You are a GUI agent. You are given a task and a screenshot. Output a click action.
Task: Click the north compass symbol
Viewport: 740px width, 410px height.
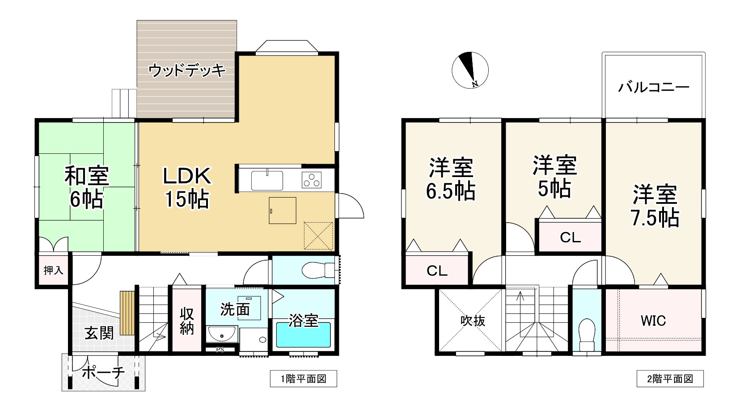(470, 70)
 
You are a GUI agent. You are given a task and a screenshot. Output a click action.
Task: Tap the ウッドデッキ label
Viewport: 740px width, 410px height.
(187, 70)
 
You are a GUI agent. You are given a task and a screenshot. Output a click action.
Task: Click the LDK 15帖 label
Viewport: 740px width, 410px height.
(187, 187)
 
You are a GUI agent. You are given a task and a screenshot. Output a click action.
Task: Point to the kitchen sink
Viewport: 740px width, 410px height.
(267, 180)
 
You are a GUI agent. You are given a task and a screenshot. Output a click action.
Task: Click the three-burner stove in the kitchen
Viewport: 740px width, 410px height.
(312, 180)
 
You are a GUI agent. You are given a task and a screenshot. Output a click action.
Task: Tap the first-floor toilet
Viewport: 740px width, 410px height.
(318, 270)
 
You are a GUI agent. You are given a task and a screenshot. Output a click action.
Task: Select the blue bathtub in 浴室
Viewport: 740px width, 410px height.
(303, 335)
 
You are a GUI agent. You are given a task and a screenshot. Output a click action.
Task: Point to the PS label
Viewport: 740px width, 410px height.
(220, 350)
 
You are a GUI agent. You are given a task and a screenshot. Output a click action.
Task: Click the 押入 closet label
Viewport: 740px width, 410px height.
(54, 270)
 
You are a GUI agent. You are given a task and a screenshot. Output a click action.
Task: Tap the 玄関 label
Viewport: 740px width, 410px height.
(99, 333)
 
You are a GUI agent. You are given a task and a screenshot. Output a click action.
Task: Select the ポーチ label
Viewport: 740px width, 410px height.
(103, 373)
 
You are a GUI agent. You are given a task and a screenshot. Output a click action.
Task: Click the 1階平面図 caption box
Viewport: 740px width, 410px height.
(304, 379)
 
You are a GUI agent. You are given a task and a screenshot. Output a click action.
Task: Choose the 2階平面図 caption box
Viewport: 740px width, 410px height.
(670, 379)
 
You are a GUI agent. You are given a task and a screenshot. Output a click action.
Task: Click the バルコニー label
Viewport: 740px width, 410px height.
(654, 87)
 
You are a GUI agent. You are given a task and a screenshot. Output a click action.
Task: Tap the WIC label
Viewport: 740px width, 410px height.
(653, 321)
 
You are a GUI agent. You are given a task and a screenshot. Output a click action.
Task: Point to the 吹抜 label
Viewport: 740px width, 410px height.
(473, 321)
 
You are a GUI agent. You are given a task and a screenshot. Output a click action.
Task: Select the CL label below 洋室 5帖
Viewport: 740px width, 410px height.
(570, 237)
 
